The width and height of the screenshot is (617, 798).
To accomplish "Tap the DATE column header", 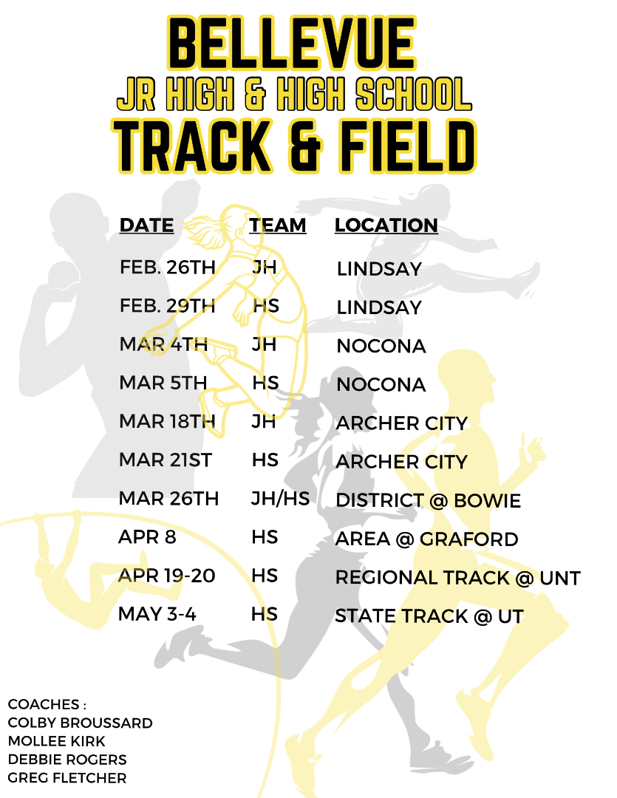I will click(147, 225).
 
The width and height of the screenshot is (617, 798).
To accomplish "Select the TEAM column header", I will click(278, 225).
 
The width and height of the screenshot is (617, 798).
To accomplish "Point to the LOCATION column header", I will click(386, 225).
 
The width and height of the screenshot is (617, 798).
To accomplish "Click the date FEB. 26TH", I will click(167, 267).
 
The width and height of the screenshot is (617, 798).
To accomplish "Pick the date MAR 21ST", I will click(166, 460).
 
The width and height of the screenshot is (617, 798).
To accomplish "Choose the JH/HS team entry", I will click(280, 499).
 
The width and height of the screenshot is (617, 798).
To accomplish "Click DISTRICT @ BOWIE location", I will click(428, 501).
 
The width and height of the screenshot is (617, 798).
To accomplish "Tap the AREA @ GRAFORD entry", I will click(426, 539).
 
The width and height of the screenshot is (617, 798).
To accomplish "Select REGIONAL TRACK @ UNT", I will click(457, 578).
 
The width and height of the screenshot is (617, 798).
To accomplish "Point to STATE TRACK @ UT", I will click(429, 616).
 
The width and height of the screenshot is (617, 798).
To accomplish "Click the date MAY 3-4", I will click(157, 614).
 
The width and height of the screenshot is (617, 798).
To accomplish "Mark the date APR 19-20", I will click(167, 576).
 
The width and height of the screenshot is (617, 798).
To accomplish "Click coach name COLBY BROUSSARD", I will click(80, 723).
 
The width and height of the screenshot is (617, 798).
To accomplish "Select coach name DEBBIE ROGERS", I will click(67, 760).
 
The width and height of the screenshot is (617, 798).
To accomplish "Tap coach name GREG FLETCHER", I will click(67, 778).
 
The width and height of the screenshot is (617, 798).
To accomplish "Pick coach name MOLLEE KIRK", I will click(57, 741).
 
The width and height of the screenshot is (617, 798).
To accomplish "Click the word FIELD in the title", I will click(394, 146).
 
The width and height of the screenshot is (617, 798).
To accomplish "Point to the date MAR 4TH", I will click(163, 344).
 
